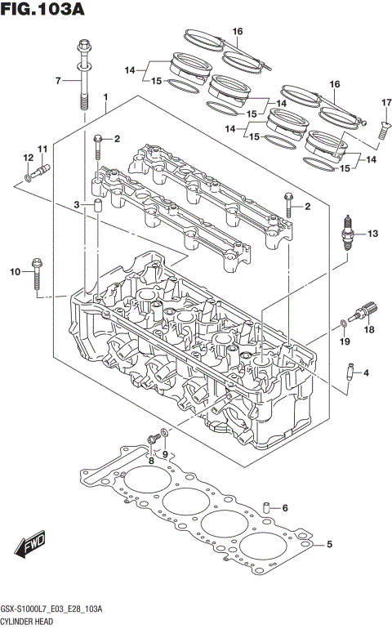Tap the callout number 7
pos(58,80)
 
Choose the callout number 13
pos(372,234)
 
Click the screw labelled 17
pos(384,126)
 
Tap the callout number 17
pos(386,101)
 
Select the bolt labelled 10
pos(38,273)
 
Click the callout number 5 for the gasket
pos(330,544)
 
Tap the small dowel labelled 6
pos(266,509)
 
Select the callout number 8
pos(151,460)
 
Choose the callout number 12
pos(27,158)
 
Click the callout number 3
pos(76,204)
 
